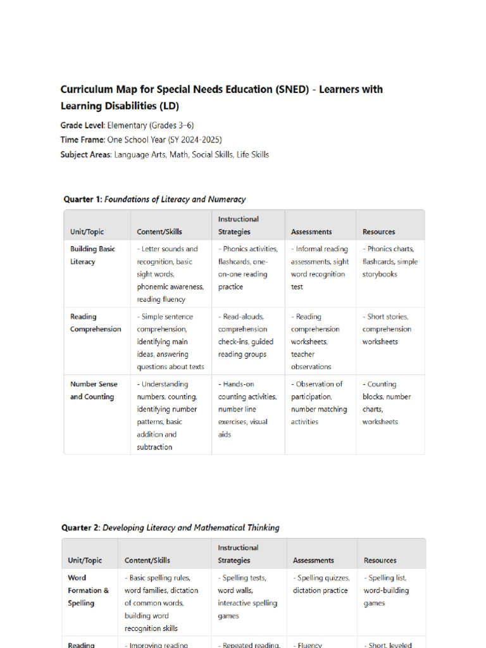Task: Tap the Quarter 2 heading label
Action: [81, 528]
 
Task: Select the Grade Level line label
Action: [83, 126]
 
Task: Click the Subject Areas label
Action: [86, 154]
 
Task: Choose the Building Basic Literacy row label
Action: [92, 256]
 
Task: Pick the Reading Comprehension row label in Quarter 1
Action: [96, 323]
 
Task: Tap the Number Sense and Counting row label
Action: [92, 390]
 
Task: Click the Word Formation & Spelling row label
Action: [88, 590]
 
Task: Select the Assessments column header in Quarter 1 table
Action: [311, 232]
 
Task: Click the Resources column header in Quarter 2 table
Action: [380, 561]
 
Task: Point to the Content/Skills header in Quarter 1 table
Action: [159, 232]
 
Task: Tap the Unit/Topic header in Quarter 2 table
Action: [85, 561]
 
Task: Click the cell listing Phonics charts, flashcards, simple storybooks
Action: [390, 262]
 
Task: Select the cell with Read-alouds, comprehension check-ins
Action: [247, 335]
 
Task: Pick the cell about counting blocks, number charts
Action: [386, 403]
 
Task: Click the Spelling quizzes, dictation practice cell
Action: [320, 584]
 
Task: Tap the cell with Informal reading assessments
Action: [319, 268]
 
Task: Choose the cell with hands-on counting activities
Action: [247, 409]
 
